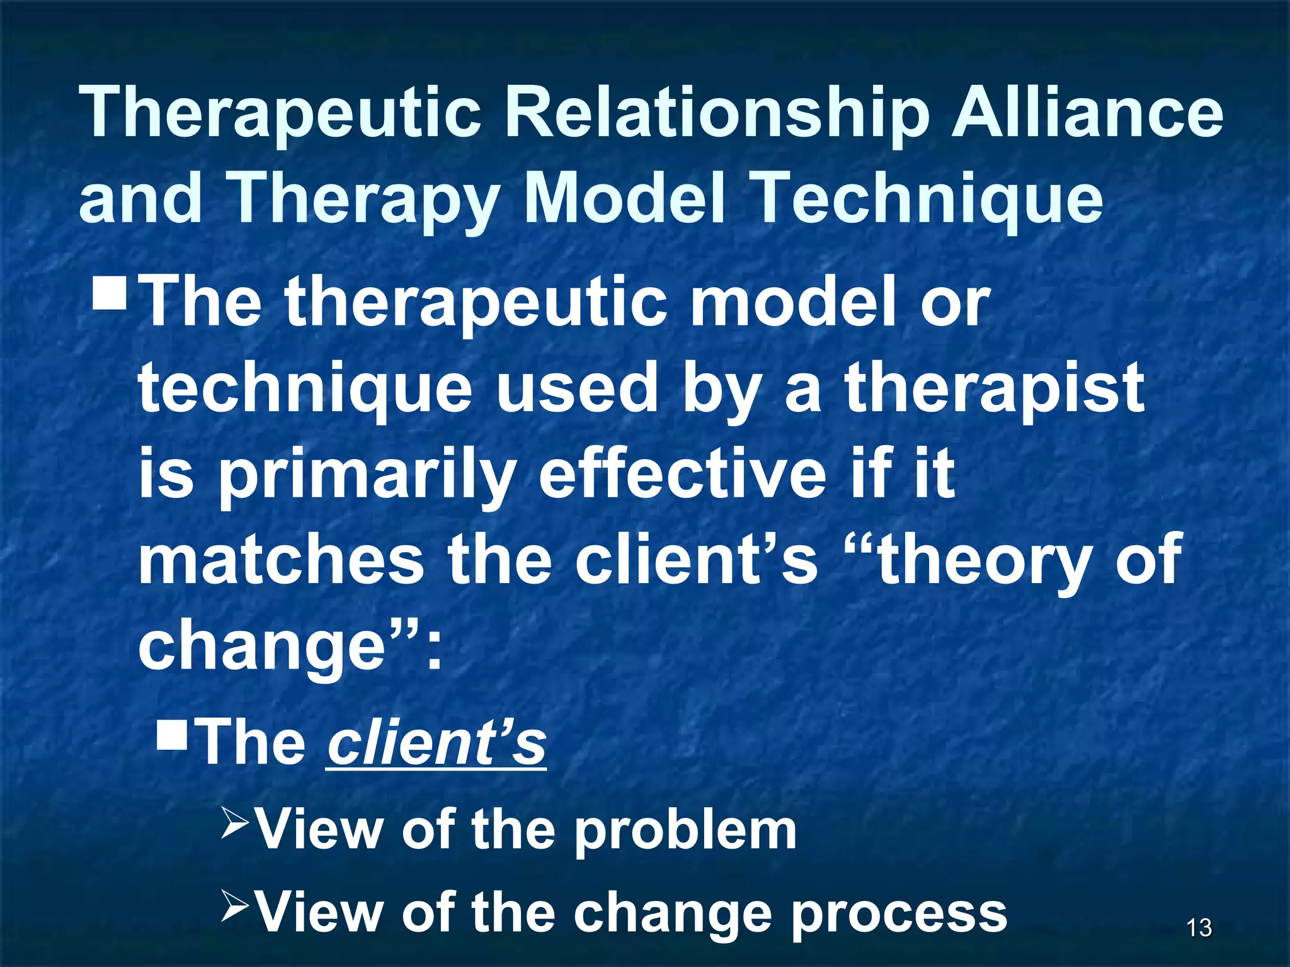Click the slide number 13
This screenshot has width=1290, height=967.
click(1199, 928)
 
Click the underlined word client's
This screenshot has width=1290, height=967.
click(437, 743)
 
